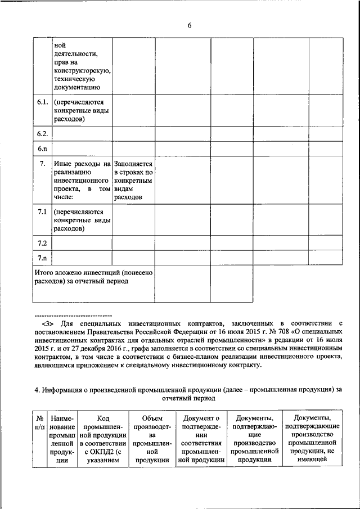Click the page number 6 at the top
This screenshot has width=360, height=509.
coord(190,25)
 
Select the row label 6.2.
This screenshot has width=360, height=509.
coord(42,134)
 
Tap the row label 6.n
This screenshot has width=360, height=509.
coord(42,149)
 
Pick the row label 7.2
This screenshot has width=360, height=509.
coord(42,243)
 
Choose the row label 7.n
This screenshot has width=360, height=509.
coord(42,258)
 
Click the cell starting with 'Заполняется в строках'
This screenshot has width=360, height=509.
coord(133,181)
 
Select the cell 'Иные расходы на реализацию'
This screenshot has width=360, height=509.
coord(82,181)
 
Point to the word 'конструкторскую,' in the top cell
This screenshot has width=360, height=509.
coord(82,71)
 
